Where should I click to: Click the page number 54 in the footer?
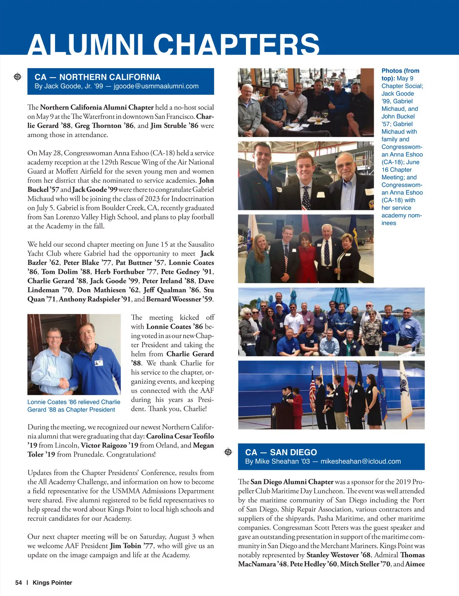coord(18,583)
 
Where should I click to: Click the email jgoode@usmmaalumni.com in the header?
coord(156,86)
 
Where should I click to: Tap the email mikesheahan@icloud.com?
coord(360,461)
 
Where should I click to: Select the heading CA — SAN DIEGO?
coord(281,452)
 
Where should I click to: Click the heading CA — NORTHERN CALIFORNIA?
coord(97,77)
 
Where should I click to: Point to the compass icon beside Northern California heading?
coord(18,77)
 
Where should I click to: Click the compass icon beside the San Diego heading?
coord(228,452)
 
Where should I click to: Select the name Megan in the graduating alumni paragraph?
coord(203,445)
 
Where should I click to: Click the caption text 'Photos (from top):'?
coord(400,74)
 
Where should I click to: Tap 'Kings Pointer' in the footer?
coord(52,583)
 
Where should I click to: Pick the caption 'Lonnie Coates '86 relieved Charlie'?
coord(74,402)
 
